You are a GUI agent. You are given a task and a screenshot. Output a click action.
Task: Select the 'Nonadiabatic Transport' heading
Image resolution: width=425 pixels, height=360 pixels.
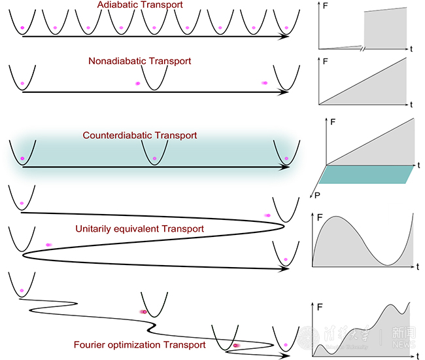tap(139, 60)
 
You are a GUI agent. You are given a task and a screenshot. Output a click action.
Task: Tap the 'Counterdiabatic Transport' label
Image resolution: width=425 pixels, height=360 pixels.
tap(139, 135)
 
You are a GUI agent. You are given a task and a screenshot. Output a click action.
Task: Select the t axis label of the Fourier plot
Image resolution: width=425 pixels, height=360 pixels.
tap(417, 355)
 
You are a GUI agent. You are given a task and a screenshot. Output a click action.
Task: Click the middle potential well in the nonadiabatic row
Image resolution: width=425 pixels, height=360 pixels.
tap(155, 77)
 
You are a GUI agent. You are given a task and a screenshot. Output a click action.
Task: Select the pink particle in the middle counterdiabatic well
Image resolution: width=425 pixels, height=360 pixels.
tap(154, 158)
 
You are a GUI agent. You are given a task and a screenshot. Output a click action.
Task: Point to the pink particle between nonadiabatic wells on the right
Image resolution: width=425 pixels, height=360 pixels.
tap(265, 82)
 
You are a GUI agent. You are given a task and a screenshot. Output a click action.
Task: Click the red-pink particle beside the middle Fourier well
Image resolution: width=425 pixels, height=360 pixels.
tap(143, 312)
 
